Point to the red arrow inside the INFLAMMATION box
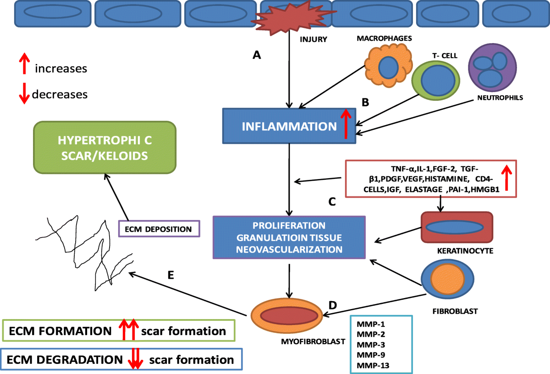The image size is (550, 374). click(x=347, y=124)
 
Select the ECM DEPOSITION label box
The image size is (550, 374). click(x=159, y=229)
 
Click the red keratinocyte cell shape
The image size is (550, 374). click(x=457, y=227)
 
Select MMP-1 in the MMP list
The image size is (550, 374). click(x=368, y=325)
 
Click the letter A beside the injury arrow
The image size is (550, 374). click(x=257, y=55)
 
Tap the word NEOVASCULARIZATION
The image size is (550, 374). click(x=289, y=249)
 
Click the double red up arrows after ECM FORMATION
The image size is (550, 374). click(x=128, y=331)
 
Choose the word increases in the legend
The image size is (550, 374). click(x=61, y=69)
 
